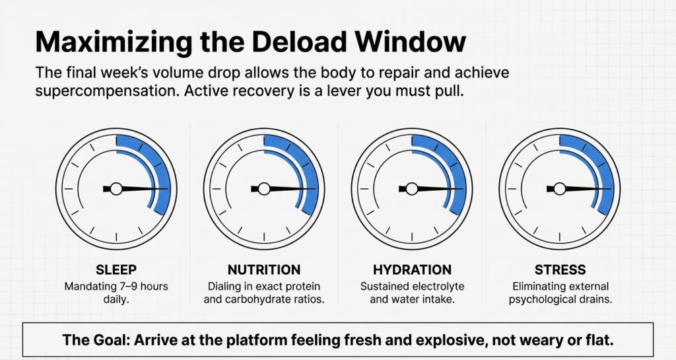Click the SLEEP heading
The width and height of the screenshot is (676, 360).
click(116, 270)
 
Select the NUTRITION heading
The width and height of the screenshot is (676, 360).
click(264, 270)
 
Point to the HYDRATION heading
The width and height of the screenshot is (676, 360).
click(412, 270)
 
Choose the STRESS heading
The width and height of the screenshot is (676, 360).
click(560, 270)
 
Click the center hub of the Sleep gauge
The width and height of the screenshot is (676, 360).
click(116, 189)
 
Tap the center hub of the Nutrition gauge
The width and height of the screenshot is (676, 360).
click(264, 189)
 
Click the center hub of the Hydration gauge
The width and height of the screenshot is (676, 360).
click(412, 189)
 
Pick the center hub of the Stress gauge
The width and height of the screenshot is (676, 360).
click(560, 189)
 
